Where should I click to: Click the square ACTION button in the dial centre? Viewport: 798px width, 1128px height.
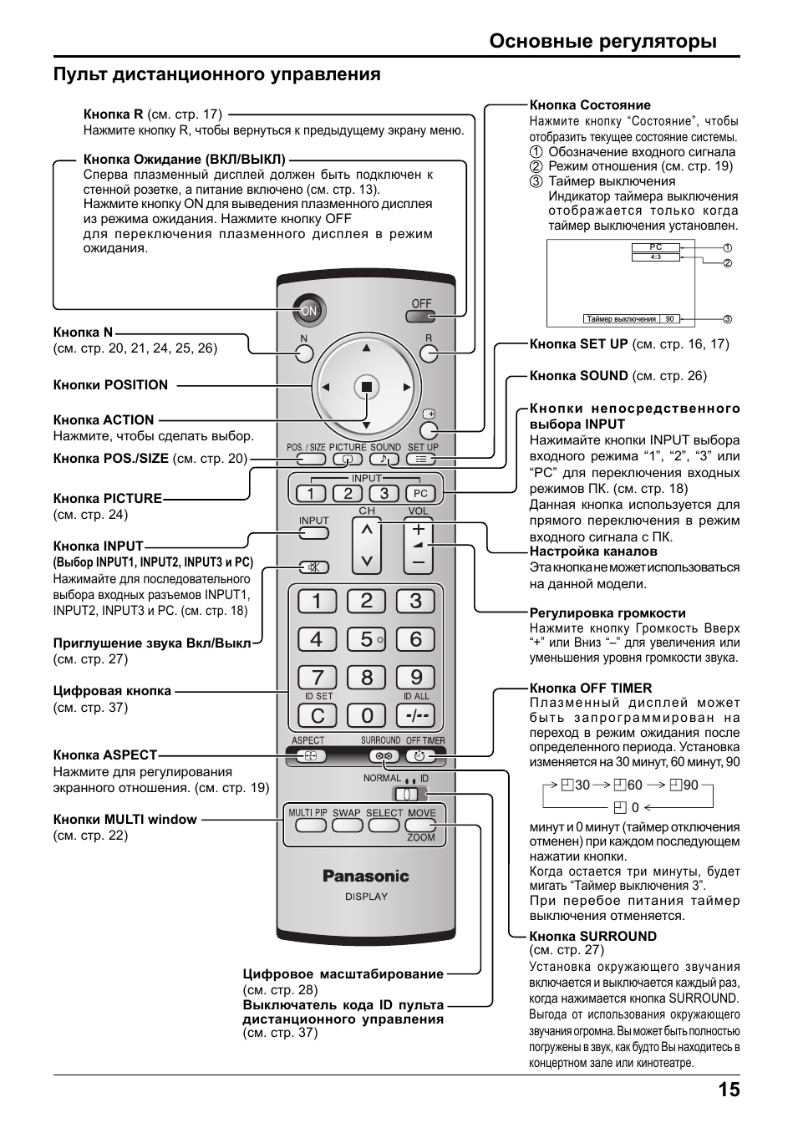[x=366, y=387]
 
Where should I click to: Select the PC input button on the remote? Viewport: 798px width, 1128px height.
[x=420, y=494]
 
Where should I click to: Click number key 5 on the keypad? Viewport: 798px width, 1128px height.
[x=366, y=639]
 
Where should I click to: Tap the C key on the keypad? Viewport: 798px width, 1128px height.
[x=317, y=716]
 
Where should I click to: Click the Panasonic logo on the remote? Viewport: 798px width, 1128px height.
[x=366, y=876]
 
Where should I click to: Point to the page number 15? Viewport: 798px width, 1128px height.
[x=727, y=1090]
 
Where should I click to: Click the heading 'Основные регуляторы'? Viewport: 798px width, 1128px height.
[x=602, y=41]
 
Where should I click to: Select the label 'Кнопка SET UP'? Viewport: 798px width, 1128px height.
[x=578, y=343]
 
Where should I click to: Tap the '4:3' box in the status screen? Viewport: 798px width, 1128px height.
[x=656, y=257]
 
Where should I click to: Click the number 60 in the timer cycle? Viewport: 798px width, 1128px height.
[x=634, y=785]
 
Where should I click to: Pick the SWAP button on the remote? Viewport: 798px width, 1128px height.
[x=347, y=825]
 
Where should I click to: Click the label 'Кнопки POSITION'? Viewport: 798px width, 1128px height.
[x=110, y=385]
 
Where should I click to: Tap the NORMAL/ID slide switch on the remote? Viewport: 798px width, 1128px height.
[x=404, y=793]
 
